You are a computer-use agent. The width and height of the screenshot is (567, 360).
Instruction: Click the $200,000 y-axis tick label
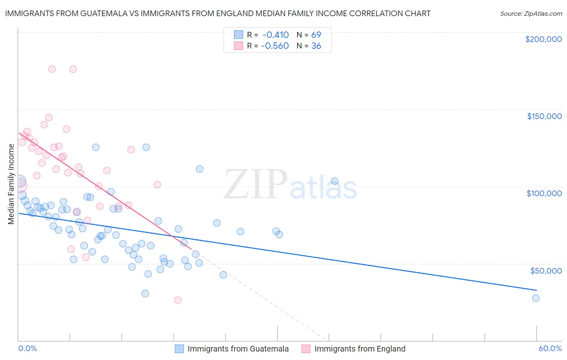point(543,39)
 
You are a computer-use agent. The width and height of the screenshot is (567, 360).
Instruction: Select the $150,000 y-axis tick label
point(544,116)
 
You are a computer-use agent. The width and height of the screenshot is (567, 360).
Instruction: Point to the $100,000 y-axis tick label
point(544,193)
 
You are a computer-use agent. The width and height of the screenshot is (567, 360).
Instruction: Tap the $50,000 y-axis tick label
point(546,270)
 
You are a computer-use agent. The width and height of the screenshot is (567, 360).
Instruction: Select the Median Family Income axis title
point(11,184)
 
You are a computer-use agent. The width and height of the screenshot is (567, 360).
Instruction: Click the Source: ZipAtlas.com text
point(531,13)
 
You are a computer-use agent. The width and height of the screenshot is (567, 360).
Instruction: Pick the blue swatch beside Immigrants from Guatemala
point(179,349)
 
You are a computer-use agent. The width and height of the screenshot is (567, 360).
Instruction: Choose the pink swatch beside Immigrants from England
point(306,349)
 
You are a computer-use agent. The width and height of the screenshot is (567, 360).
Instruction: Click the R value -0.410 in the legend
point(275,35)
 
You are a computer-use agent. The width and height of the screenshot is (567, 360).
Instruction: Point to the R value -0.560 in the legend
point(275,46)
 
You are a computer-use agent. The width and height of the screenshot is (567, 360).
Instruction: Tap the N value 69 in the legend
point(316,35)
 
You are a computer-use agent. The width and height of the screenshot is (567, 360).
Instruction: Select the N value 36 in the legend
point(316,46)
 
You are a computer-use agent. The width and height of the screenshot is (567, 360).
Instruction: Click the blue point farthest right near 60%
point(536,298)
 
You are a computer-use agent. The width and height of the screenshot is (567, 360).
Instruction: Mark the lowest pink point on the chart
point(178,300)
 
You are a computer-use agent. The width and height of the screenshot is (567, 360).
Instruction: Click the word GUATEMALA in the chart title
point(102,13)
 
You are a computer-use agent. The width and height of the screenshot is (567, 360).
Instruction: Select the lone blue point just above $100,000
point(334,181)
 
